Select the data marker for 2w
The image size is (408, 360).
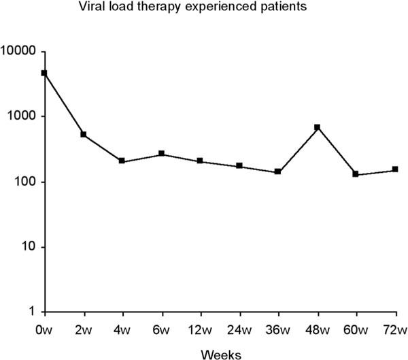point(83,134)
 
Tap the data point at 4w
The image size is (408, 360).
point(122,161)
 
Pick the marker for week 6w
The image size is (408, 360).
point(161,154)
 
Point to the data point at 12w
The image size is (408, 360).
point(200,161)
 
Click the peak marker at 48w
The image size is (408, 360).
point(317,127)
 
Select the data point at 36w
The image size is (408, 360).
point(278,172)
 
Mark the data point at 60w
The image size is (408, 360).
point(356,174)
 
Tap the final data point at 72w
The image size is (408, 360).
point(395,169)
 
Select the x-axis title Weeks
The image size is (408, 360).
point(220,353)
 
